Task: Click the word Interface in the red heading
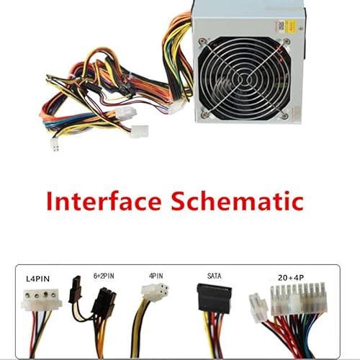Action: coord(104,201)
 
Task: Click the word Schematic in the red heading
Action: coord(237,201)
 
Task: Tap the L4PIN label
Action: coord(37,279)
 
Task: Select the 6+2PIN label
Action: coord(104,276)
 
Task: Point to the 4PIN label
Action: coord(156,276)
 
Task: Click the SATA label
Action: coord(214,276)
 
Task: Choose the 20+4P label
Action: coord(291,278)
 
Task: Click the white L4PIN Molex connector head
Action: coord(41,300)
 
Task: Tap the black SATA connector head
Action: coord(214,297)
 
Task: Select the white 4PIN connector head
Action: coord(155,292)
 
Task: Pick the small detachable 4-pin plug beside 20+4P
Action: coord(258,307)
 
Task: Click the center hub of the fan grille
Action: coord(244,78)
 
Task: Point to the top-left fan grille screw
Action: coord(203,41)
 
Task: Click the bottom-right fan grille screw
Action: coord(285,116)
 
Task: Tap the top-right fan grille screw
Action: coord(287,41)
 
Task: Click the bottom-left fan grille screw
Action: coord(204,115)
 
